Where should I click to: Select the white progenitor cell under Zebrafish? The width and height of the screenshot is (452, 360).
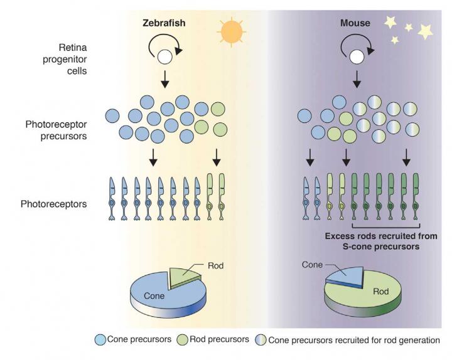164,58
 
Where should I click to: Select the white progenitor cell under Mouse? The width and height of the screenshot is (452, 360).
356,58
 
